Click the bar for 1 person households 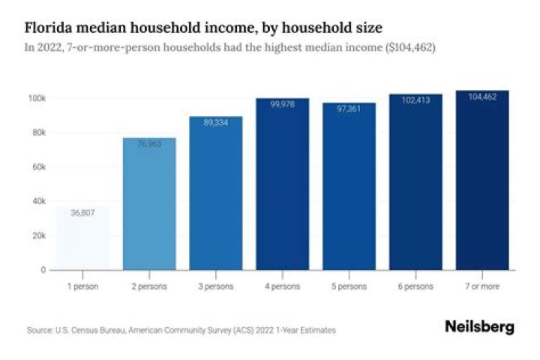pyautogui.click(x=82, y=238)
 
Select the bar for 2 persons pyautogui.click(x=149, y=203)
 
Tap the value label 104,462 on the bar pyautogui.click(x=483, y=97)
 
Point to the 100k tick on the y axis pyautogui.click(x=37, y=98)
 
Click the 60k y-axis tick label pyautogui.click(x=38, y=166)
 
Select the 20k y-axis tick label pyautogui.click(x=38, y=235)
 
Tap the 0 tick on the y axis pyautogui.click(x=43, y=269)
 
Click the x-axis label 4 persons pyautogui.click(x=283, y=286)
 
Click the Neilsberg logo pyautogui.click(x=479, y=327)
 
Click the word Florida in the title pyautogui.click(x=50, y=28)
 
